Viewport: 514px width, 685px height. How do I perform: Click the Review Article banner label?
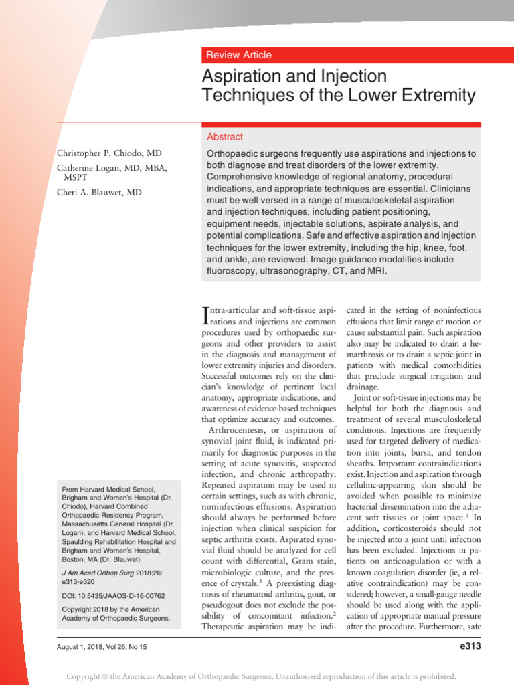click(239, 55)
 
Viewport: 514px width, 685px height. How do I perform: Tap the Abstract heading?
click(225, 136)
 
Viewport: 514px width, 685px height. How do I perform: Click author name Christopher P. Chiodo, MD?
click(109, 153)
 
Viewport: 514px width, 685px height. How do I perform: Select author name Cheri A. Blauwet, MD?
click(100, 193)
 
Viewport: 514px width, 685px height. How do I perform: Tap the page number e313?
click(468, 646)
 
